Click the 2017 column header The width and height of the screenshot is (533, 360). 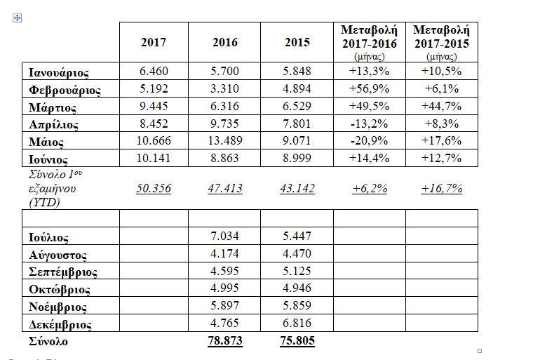coord(154,42)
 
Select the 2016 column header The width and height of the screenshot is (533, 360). coord(225,42)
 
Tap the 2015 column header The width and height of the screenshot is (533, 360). coord(297,42)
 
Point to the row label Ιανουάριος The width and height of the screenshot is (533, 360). coord(59,72)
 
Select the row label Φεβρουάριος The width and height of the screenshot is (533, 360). coord(65,90)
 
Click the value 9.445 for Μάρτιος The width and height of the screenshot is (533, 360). coord(154,107)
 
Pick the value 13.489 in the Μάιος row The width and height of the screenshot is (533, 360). coord(225,140)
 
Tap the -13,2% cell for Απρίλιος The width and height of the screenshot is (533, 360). coord(369,124)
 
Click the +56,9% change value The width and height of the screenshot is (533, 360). coord(369,90)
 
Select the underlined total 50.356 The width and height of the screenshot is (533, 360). coord(154,188)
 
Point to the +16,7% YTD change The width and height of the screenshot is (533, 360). coord(441,188)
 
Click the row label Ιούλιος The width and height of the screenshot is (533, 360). coord(49,239)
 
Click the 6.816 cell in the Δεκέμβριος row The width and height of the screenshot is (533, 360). coord(297,324)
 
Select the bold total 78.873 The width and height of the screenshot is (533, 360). coord(225,341)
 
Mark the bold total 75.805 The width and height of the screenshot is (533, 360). coord(297,341)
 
